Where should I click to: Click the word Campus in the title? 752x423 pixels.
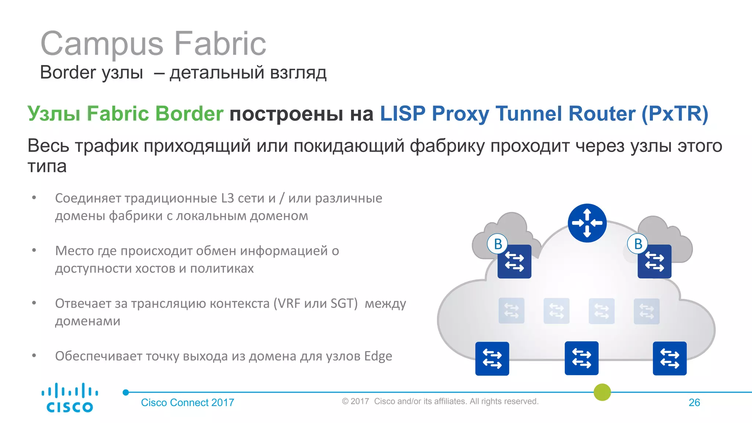(x=102, y=44)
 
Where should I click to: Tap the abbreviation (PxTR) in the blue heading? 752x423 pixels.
(x=675, y=113)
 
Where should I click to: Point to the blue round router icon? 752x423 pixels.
(x=587, y=223)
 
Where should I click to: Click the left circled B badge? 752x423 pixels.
(x=498, y=244)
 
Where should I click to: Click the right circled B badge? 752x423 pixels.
(x=638, y=244)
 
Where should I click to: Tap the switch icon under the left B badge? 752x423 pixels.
(x=514, y=262)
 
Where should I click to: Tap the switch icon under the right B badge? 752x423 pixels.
(x=655, y=262)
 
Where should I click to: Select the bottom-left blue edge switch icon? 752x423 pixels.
(x=492, y=359)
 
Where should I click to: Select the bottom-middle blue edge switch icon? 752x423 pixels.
(x=581, y=358)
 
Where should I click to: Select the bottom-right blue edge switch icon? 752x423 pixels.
(x=669, y=358)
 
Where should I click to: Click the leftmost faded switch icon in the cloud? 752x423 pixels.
(x=511, y=311)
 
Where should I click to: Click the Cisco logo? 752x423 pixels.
(x=69, y=398)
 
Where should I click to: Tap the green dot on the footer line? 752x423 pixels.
(x=602, y=392)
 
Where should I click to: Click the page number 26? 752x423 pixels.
(x=694, y=402)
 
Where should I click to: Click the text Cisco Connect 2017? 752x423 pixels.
(x=187, y=402)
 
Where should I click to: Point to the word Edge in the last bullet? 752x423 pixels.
(x=378, y=356)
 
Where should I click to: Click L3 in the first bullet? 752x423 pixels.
(x=227, y=198)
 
